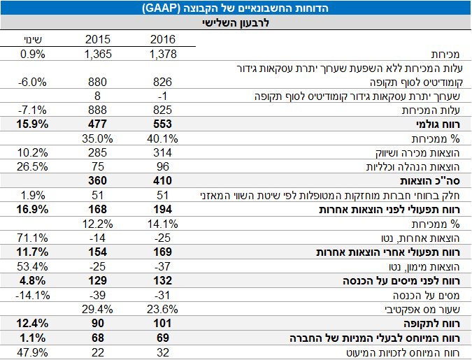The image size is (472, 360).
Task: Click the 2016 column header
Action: click(x=162, y=39)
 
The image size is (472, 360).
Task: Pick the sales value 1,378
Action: click(x=162, y=54)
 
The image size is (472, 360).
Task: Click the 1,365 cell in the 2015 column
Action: click(x=98, y=54)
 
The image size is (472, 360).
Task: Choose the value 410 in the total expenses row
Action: click(x=162, y=181)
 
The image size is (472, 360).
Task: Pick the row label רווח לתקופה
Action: click(x=442, y=324)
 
